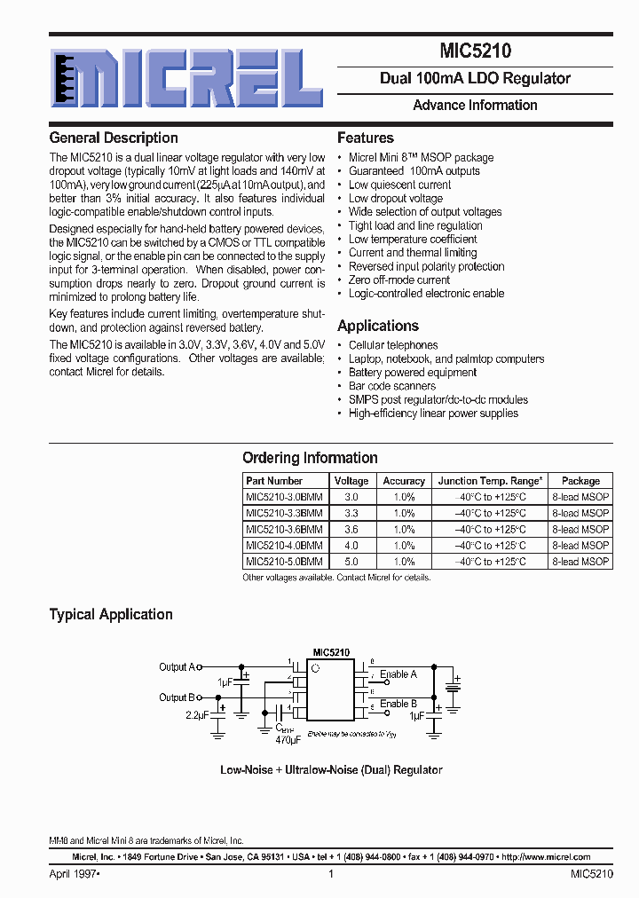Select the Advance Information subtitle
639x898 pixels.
475,105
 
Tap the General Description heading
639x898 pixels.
114,138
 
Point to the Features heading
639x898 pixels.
365,138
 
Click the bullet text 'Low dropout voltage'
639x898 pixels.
395,198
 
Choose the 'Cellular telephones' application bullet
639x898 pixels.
392,345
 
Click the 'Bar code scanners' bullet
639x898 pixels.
391,386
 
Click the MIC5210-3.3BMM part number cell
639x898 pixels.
284,513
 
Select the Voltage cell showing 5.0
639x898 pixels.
351,562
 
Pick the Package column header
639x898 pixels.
580,480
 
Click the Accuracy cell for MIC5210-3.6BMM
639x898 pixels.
404,529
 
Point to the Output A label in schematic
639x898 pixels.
177,666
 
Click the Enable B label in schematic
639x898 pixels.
398,704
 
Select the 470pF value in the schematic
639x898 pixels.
289,739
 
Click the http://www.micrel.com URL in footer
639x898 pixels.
546,857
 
